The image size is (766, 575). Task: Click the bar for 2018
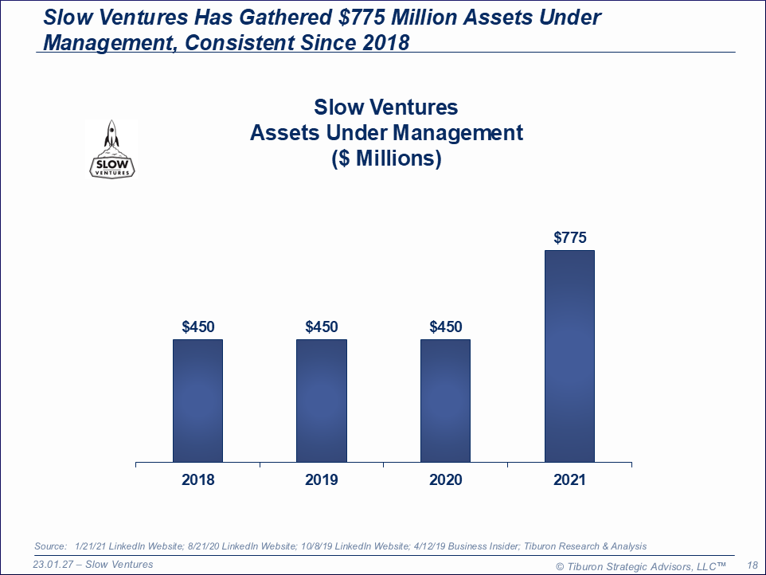tap(197, 401)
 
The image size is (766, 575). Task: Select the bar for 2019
tap(322, 401)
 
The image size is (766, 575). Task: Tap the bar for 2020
tap(445, 401)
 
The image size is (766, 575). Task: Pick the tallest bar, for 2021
tap(569, 356)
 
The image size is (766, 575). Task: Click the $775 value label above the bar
tap(569, 237)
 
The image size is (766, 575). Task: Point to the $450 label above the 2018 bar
tap(197, 327)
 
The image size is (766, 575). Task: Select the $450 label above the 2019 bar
tap(322, 327)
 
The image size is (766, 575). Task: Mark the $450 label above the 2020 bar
tap(445, 327)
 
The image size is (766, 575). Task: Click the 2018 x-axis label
tap(197, 479)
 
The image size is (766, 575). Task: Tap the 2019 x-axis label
tap(322, 479)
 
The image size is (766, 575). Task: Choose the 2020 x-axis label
tap(445, 479)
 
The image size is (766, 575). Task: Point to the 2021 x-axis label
tap(569, 479)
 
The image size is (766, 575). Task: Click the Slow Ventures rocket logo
tap(111, 149)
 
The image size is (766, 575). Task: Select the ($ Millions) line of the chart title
tap(386, 158)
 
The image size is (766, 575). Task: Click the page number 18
tap(752, 565)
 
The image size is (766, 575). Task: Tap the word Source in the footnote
tap(49, 546)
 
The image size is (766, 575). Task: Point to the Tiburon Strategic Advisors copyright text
tap(640, 565)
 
